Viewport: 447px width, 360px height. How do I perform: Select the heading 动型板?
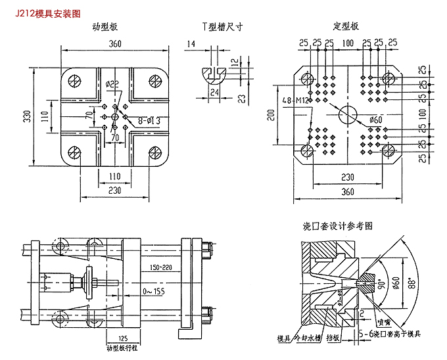(x=105, y=27)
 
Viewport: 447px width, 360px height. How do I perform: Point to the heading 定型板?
(x=346, y=27)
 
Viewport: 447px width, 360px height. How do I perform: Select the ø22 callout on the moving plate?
(x=112, y=84)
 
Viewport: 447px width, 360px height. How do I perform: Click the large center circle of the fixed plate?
(x=346, y=116)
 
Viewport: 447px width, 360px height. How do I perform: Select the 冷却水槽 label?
(x=308, y=339)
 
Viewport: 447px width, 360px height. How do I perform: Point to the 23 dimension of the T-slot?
(x=242, y=98)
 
